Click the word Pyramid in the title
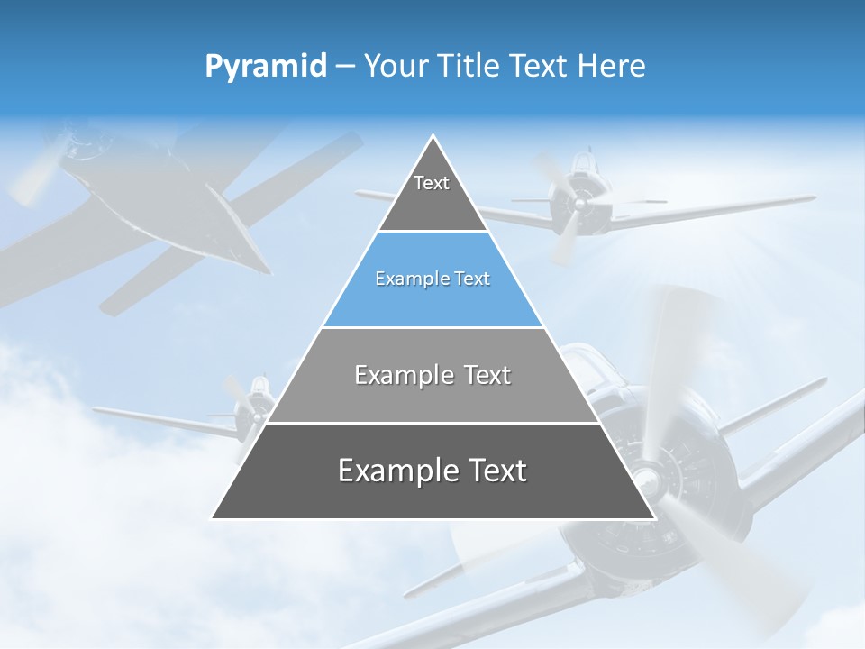click(265, 67)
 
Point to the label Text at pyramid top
click(432, 183)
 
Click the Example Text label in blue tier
click(432, 279)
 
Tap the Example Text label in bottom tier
click(432, 471)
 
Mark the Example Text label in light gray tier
click(432, 375)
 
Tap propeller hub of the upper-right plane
click(577, 204)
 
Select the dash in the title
click(344, 66)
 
